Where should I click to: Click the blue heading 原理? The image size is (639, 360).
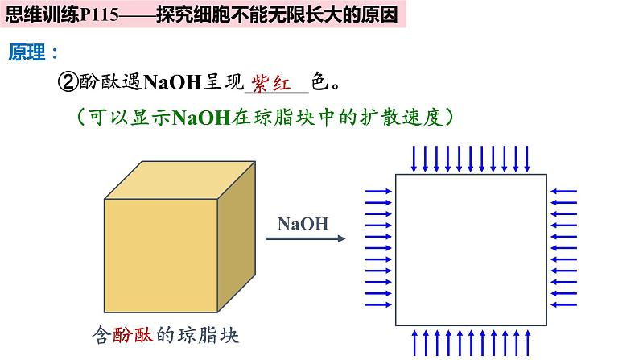point(27,52)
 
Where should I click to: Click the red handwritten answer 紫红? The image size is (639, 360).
point(271,84)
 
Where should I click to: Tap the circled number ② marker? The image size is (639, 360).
point(68,82)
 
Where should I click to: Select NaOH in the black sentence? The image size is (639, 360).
point(172,82)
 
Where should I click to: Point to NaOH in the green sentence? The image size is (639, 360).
point(202,118)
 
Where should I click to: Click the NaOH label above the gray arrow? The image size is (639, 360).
point(303,224)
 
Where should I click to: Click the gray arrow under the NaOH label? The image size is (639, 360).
point(306,238)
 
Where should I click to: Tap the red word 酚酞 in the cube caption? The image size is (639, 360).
point(134,335)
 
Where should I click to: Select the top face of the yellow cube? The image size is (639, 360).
point(179,180)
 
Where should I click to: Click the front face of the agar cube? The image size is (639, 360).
point(161,255)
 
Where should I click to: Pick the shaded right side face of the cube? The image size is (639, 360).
point(237,237)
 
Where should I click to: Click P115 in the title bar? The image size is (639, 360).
point(100,15)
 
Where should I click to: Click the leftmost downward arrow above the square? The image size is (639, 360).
point(414,159)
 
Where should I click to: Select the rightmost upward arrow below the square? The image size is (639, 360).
point(527,342)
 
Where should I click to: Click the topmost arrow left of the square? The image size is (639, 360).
point(378,191)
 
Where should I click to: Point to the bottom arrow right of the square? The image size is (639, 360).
point(563,304)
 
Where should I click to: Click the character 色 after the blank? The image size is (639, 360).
point(320,81)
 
